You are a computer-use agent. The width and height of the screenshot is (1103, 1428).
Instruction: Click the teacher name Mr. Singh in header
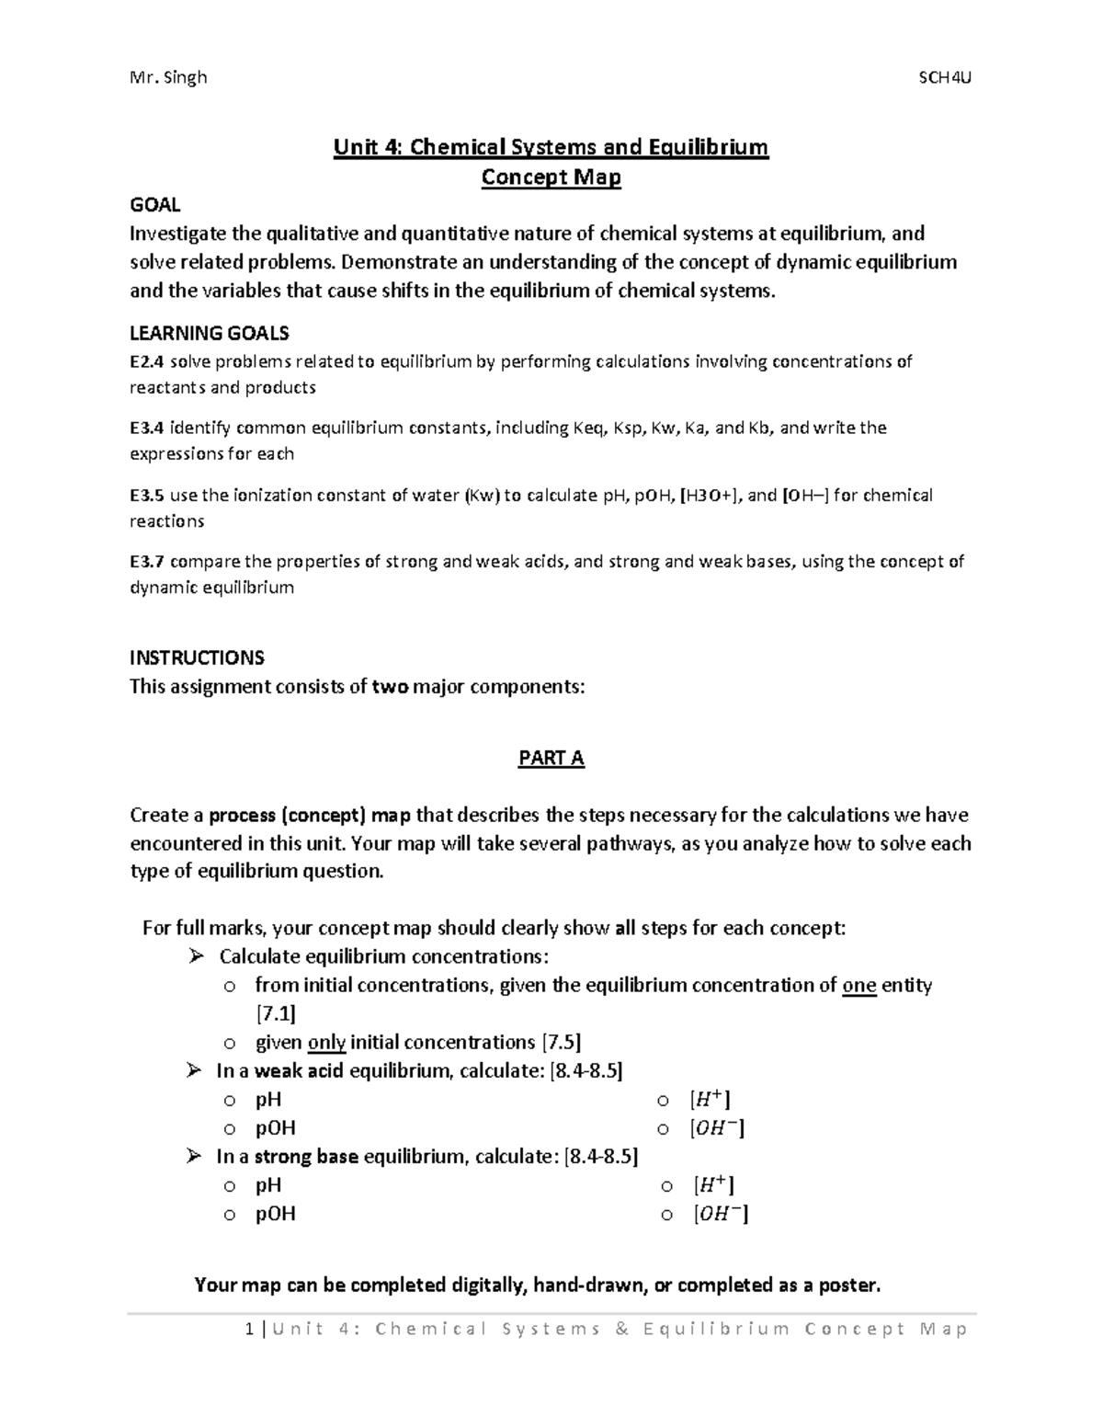point(169,77)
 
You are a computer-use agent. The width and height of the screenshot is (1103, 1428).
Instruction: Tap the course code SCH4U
point(945,77)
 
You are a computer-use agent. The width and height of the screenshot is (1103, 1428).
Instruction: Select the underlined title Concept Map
point(551,177)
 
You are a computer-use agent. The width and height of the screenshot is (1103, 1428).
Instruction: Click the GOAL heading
point(154,205)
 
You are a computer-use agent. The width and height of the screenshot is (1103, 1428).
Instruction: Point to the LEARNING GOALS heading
point(210,333)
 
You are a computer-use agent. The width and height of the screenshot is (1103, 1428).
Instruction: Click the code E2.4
point(147,362)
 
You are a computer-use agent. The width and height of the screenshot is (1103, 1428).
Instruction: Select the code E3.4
point(147,428)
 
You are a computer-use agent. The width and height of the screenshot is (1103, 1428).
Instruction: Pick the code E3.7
point(147,563)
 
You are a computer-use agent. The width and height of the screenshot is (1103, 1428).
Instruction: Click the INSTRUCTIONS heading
point(197,658)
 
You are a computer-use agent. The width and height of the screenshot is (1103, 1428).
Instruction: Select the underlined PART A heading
point(551,759)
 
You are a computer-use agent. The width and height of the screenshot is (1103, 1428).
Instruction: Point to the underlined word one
point(859,986)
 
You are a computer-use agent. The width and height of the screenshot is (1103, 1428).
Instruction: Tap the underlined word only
point(326,1043)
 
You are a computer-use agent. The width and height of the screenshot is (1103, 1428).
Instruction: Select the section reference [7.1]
point(275,1014)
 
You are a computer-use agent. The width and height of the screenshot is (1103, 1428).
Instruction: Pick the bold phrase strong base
point(306,1157)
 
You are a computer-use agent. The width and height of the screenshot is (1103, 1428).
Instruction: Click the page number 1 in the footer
point(249,1330)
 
